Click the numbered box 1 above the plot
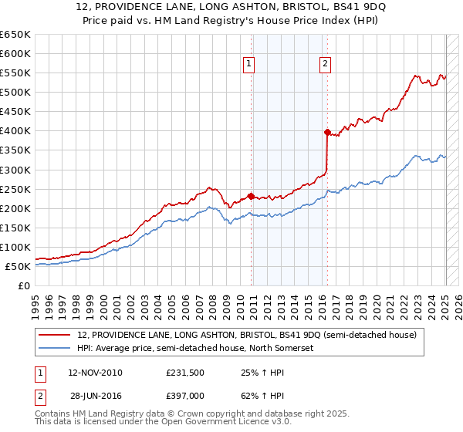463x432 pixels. [250, 64]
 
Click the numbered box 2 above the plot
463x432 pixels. [326, 64]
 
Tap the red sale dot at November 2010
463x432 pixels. [252, 196]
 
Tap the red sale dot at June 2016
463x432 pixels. [327, 132]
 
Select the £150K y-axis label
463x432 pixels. [15, 228]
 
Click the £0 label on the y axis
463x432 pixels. [22, 285]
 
